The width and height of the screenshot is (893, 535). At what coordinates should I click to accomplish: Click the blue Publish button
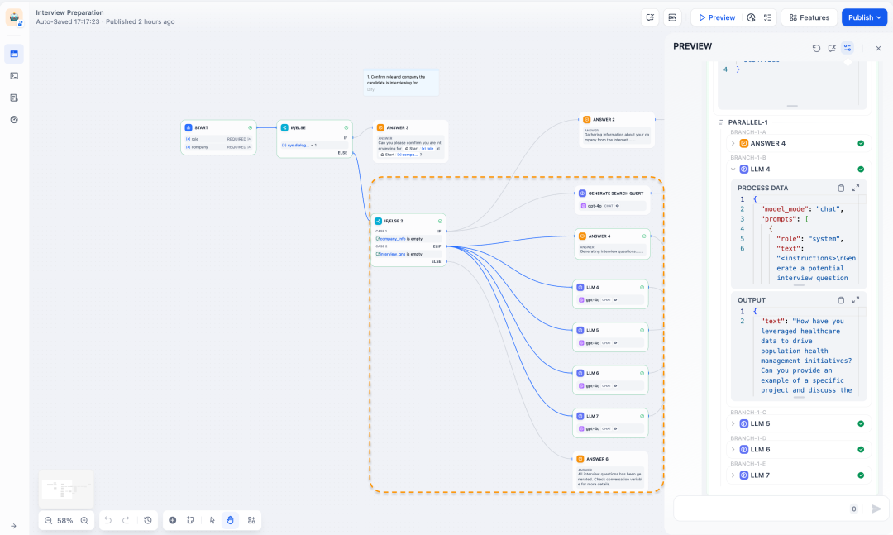pos(863,17)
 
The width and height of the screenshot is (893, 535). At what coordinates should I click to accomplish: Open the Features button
pos(809,17)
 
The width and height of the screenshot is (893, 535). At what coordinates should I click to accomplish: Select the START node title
pos(202,127)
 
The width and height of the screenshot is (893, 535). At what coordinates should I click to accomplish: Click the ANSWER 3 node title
pos(397,127)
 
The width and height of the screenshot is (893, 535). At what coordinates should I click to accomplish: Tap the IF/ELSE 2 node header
pos(394,221)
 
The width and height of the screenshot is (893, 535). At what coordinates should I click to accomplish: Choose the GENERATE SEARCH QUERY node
pos(615,193)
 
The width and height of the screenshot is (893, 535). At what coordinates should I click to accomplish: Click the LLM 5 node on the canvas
pos(592,330)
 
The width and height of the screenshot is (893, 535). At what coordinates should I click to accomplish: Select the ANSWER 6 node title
pos(597,458)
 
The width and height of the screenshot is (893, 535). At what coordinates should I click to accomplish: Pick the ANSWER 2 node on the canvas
pos(603,120)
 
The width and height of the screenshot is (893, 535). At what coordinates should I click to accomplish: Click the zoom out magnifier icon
pos(49,520)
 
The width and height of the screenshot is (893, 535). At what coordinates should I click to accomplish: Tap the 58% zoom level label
pos(65,520)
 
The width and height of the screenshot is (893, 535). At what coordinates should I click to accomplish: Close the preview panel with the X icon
pos(878,48)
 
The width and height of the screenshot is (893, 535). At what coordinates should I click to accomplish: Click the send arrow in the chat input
pos(876,509)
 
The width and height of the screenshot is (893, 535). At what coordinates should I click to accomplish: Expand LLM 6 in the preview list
pos(733,450)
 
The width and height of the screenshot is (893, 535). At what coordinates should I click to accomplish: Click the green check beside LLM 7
pos(861,475)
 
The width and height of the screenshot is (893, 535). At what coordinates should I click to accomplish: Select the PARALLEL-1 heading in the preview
pos(747,122)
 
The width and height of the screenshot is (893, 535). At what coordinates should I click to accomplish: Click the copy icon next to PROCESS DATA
pos(841,188)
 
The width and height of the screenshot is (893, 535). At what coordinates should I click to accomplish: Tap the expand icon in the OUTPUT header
pos(856,300)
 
